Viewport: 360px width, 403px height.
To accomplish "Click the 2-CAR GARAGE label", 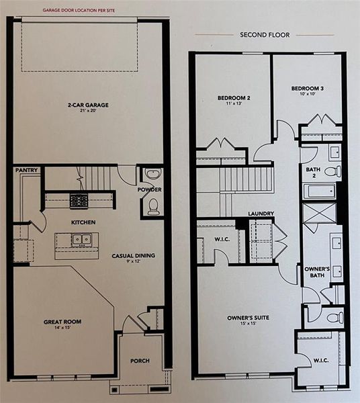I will click(x=88, y=104).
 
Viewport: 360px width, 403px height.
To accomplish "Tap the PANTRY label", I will click(x=26, y=171).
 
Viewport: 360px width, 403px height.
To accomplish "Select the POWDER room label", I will click(x=151, y=190).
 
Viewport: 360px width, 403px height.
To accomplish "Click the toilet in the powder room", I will click(x=153, y=205).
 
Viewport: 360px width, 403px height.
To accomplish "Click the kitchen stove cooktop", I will click(x=79, y=199).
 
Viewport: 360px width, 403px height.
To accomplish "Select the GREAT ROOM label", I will click(x=63, y=322).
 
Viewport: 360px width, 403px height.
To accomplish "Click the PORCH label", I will click(x=140, y=361).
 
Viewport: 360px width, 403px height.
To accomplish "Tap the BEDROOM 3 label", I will click(x=308, y=89).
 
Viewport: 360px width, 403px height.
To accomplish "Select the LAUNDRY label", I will click(x=261, y=214).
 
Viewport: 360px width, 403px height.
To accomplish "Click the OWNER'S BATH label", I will click(x=317, y=273).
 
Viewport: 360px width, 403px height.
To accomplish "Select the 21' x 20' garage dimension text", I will click(x=88, y=111).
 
